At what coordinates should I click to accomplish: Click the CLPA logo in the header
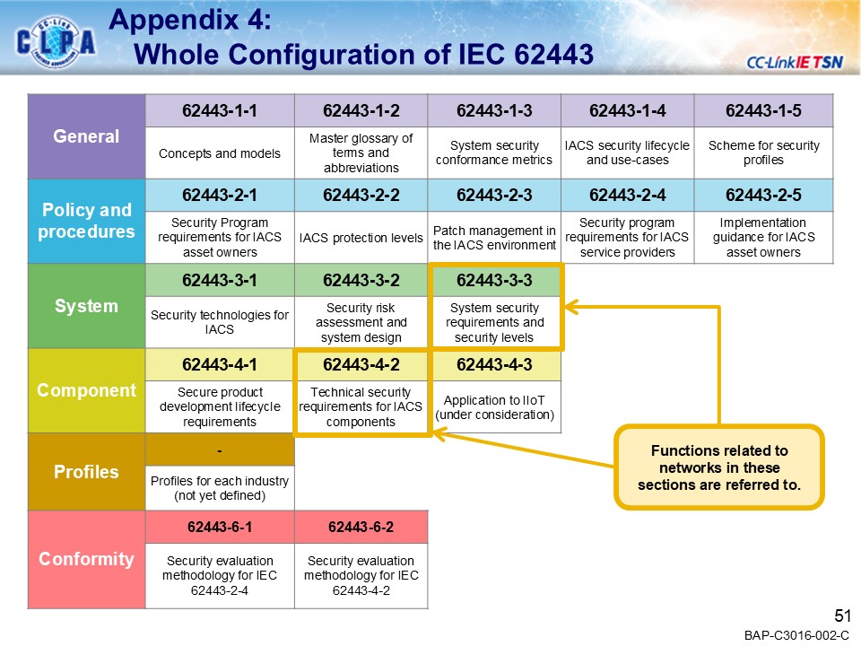click(x=56, y=41)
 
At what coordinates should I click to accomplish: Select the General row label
click(x=86, y=136)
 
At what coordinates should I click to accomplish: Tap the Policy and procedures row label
click(x=86, y=221)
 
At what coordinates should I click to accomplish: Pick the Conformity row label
click(x=86, y=559)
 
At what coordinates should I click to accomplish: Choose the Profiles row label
click(x=86, y=472)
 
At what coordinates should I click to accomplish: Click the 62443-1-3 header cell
click(x=494, y=111)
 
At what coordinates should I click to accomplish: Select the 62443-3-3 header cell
click(x=494, y=280)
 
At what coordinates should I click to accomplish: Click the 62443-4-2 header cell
click(x=361, y=364)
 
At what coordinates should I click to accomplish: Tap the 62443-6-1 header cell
click(x=220, y=526)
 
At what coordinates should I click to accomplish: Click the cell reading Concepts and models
click(x=220, y=153)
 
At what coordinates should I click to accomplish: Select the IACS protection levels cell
click(x=361, y=238)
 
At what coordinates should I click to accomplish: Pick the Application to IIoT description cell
click(x=494, y=407)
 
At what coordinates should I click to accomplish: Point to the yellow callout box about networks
click(x=719, y=467)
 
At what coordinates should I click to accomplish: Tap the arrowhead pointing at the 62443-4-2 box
click(x=439, y=435)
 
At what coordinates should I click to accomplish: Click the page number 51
click(x=841, y=615)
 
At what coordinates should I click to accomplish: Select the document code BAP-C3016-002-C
click(x=796, y=635)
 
